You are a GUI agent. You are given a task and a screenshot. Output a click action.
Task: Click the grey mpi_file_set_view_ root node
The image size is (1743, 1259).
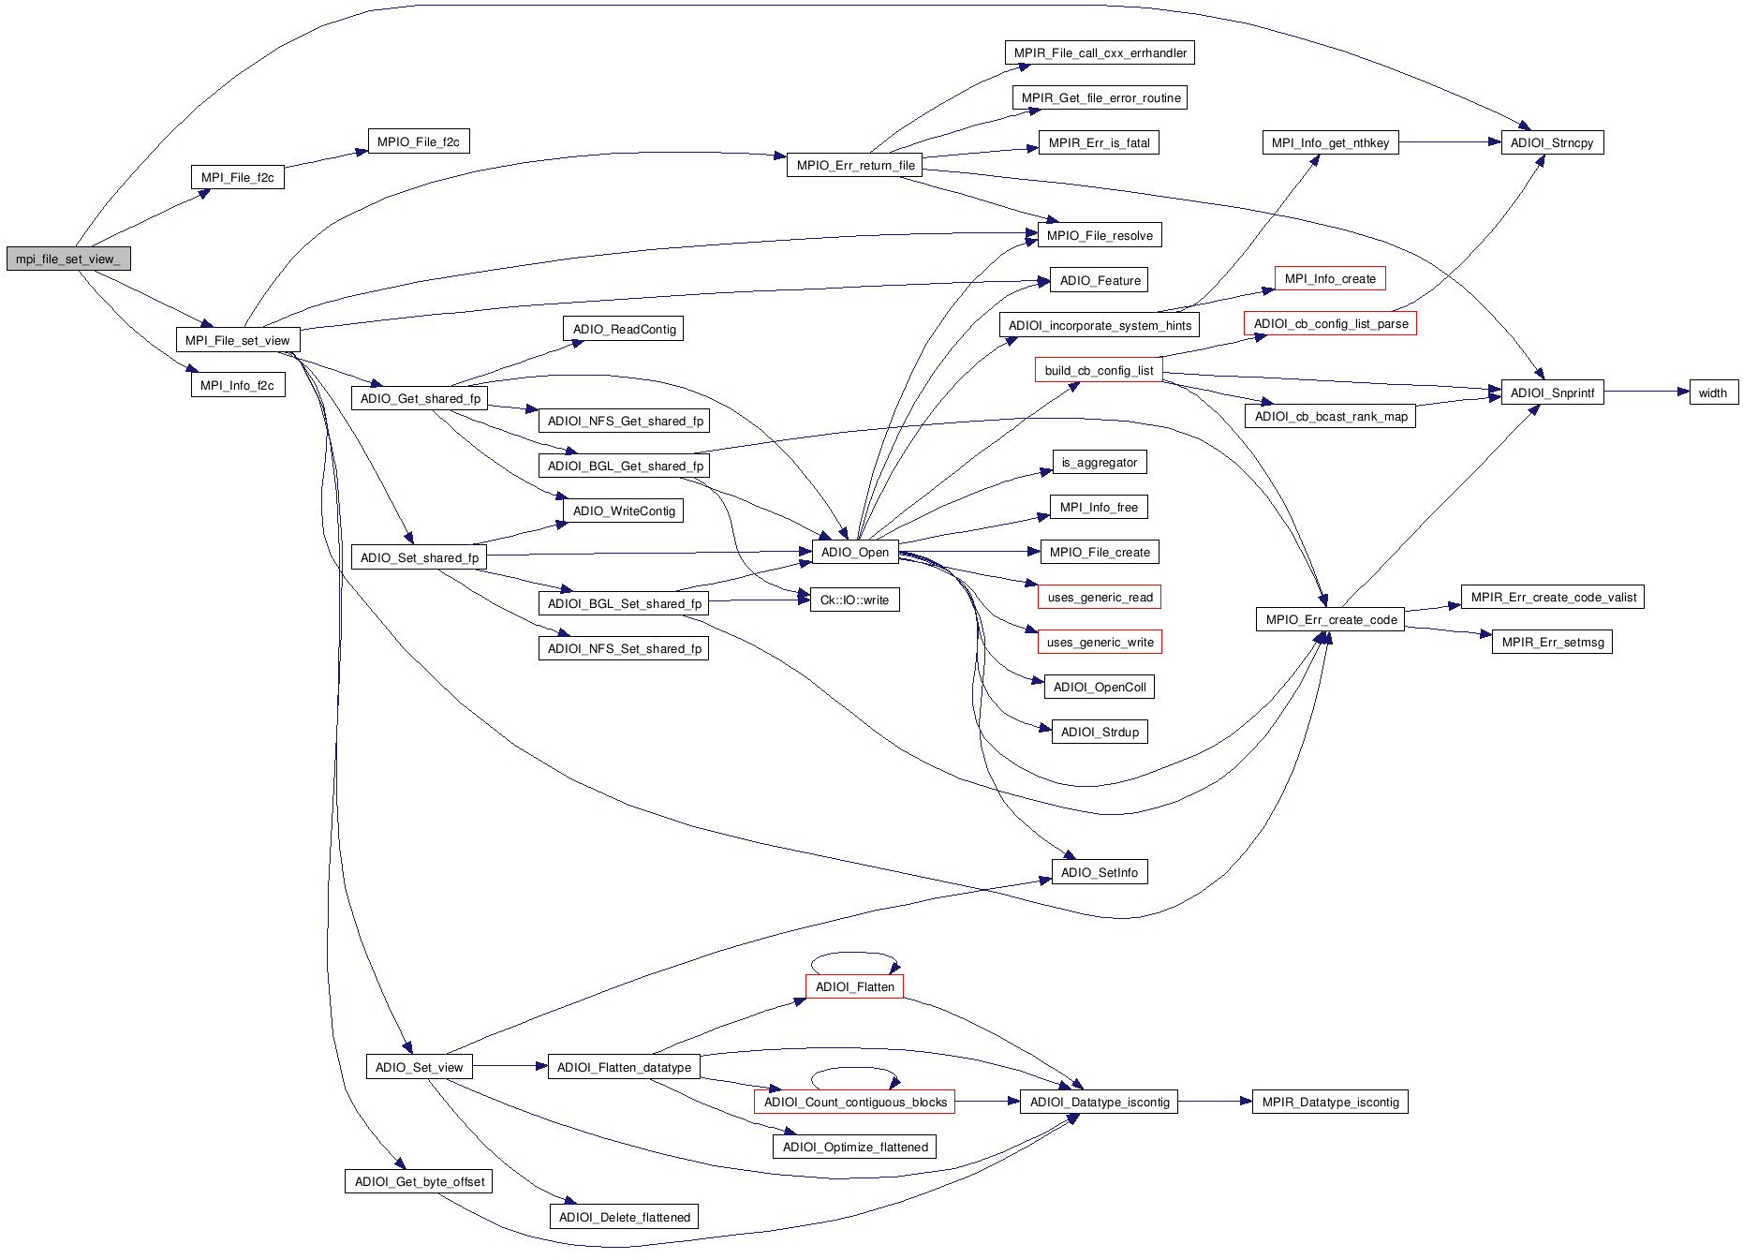pos(68,259)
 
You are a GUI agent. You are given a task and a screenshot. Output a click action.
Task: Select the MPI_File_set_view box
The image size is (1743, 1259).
pos(238,340)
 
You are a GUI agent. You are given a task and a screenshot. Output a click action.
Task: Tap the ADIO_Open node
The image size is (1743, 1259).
pos(854,552)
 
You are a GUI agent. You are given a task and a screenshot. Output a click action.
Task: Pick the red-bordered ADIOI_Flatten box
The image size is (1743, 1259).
pos(854,986)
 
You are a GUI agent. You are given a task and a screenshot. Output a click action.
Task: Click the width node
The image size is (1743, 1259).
pos(1713,393)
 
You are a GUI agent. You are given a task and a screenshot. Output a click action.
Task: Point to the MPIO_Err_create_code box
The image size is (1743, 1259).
pos(1330,619)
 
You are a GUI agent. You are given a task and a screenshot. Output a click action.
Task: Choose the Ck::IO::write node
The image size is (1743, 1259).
pos(854,600)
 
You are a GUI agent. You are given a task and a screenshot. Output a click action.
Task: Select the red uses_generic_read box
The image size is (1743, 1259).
pos(1100,597)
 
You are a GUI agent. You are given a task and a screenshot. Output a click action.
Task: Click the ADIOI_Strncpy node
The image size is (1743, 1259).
pos(1552,142)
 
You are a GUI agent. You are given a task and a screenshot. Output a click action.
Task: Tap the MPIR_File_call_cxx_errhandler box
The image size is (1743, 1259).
pos(1100,52)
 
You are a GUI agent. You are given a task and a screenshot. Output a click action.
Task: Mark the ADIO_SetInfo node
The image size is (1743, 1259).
pos(1099,872)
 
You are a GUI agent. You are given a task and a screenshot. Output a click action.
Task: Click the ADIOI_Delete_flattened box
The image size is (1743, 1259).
pos(624,1217)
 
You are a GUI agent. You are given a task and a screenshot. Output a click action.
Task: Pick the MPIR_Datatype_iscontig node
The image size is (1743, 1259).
pos(1330,1102)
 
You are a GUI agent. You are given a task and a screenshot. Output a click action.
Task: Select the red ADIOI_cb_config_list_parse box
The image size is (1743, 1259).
pos(1330,323)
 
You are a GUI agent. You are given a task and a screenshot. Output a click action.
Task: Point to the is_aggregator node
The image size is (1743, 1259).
pos(1099,462)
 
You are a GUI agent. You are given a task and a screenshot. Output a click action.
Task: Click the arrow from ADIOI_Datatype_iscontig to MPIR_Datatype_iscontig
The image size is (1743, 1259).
pos(1215,1102)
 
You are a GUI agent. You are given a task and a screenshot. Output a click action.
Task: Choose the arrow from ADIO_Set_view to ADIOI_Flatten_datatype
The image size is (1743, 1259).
pos(510,1066)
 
